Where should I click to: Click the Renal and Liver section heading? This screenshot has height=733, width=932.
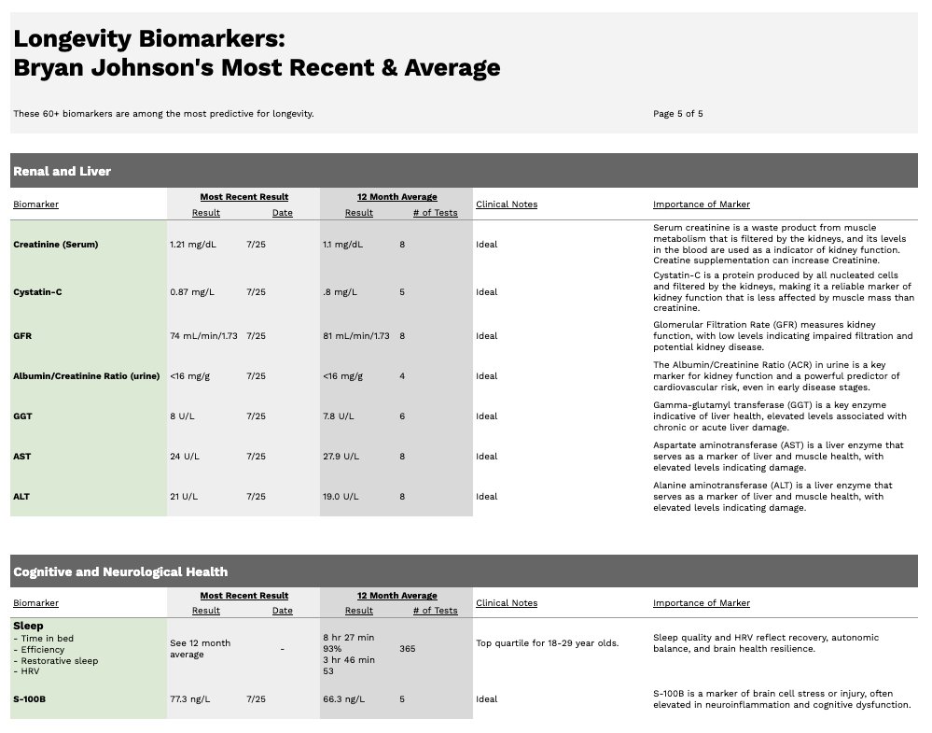(62, 171)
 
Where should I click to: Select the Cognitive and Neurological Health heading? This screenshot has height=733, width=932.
(119, 571)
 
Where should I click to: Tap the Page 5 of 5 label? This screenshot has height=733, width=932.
(677, 114)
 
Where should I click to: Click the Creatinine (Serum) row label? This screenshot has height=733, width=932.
(55, 245)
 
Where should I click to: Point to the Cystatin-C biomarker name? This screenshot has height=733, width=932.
(37, 292)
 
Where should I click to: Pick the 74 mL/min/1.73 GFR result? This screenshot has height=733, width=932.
(203, 336)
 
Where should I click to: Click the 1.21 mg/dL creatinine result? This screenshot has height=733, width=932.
(191, 245)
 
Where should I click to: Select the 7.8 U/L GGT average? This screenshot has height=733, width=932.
(339, 416)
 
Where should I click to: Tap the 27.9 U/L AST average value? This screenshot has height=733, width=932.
(341, 457)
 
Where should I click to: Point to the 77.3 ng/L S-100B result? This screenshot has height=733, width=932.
(190, 699)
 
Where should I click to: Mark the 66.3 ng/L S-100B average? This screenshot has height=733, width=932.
(343, 699)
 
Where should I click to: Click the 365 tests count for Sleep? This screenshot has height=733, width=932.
(407, 648)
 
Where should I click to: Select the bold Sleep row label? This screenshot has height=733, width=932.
(29, 626)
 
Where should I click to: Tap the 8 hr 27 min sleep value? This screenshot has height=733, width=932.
(349, 637)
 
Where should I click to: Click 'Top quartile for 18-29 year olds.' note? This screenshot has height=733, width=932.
(547, 643)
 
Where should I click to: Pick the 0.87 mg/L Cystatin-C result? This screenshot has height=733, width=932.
(192, 292)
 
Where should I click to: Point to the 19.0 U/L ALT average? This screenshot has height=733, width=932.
(341, 497)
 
